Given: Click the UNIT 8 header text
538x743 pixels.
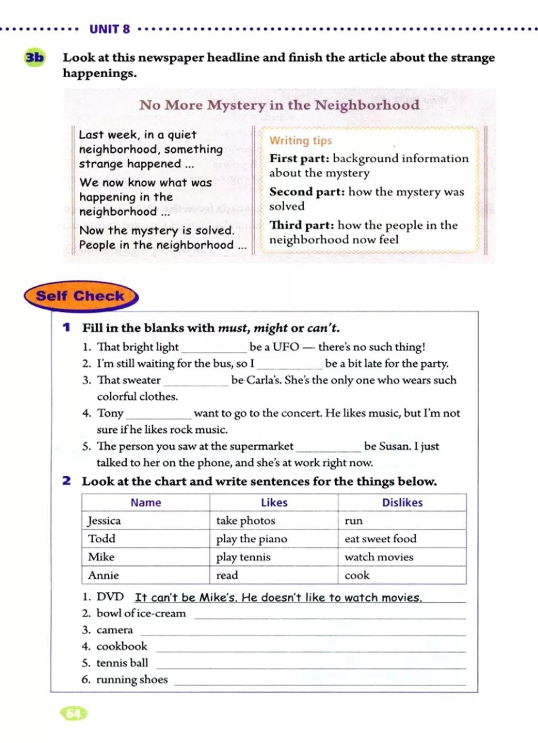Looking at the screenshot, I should coord(109,29).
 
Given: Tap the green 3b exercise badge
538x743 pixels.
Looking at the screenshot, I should coord(35,57).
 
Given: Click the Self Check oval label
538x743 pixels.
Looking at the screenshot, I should coord(80,296).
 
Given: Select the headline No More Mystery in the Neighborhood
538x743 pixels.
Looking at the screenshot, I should coord(279,105).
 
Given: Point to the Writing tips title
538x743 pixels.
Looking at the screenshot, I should coord(301,141).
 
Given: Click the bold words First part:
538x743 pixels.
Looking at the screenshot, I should coord(299,159).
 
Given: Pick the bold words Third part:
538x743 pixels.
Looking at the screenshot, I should coord(302,225).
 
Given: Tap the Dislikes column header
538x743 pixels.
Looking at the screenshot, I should coord(402,503).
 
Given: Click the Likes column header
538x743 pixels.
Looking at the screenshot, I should coord(274,503).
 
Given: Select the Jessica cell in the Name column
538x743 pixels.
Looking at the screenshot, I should coord(105,521).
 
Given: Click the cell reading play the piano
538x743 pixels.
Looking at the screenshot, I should coord(252,539).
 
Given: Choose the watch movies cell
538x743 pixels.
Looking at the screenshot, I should coord(379,557).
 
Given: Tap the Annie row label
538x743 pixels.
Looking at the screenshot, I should coord(104,575).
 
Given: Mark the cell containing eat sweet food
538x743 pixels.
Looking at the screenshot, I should coord(380,539).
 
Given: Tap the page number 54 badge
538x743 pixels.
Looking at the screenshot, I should coord(74,714).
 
